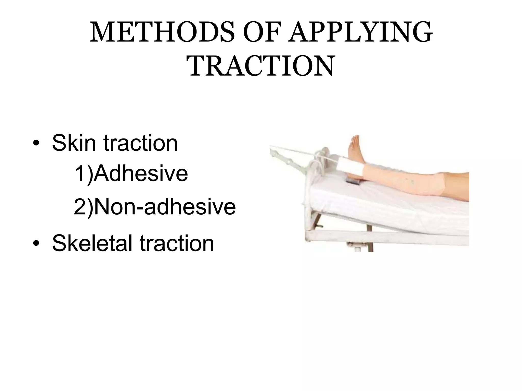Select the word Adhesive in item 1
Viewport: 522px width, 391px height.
pos(141,174)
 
